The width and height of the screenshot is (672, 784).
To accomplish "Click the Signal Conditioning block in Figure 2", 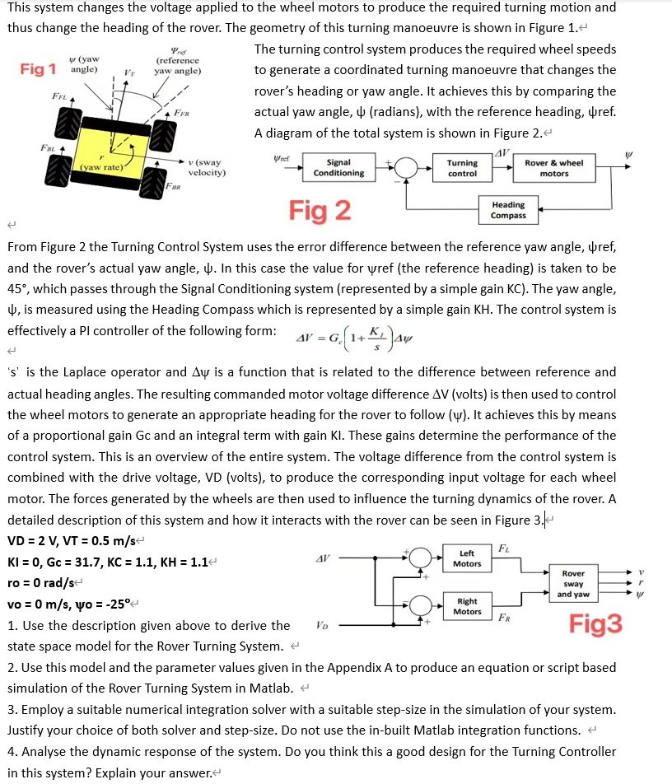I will [x=338, y=168].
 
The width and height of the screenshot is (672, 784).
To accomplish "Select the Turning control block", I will [x=462, y=168].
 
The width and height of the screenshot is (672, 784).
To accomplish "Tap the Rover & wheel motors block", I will [x=553, y=168].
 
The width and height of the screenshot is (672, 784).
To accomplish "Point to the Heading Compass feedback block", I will [x=508, y=210].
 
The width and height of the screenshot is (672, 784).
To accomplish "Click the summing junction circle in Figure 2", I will [x=404, y=168].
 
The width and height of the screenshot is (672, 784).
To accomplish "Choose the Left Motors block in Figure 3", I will [x=467, y=558].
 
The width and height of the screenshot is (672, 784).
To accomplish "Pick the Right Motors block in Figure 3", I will [x=467, y=606].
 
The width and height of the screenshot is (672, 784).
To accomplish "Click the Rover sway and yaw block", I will [x=573, y=583].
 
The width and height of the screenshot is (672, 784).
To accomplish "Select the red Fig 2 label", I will [x=320, y=211].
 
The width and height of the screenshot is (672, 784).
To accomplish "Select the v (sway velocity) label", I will [x=211, y=168].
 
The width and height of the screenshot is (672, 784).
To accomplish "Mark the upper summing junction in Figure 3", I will [x=420, y=558].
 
